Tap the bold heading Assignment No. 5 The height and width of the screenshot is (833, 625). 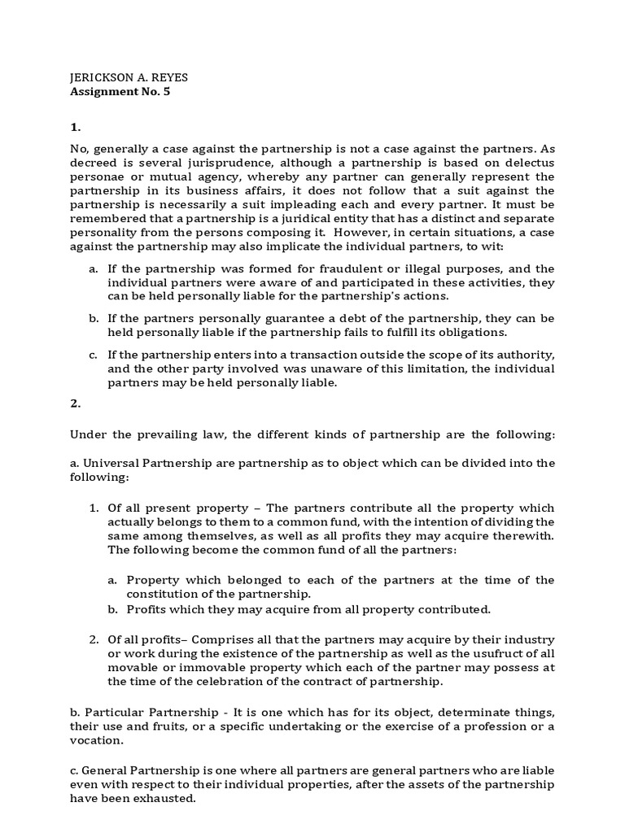(x=120, y=91)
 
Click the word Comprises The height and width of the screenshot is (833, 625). (x=230, y=639)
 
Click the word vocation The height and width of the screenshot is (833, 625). (x=97, y=742)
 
